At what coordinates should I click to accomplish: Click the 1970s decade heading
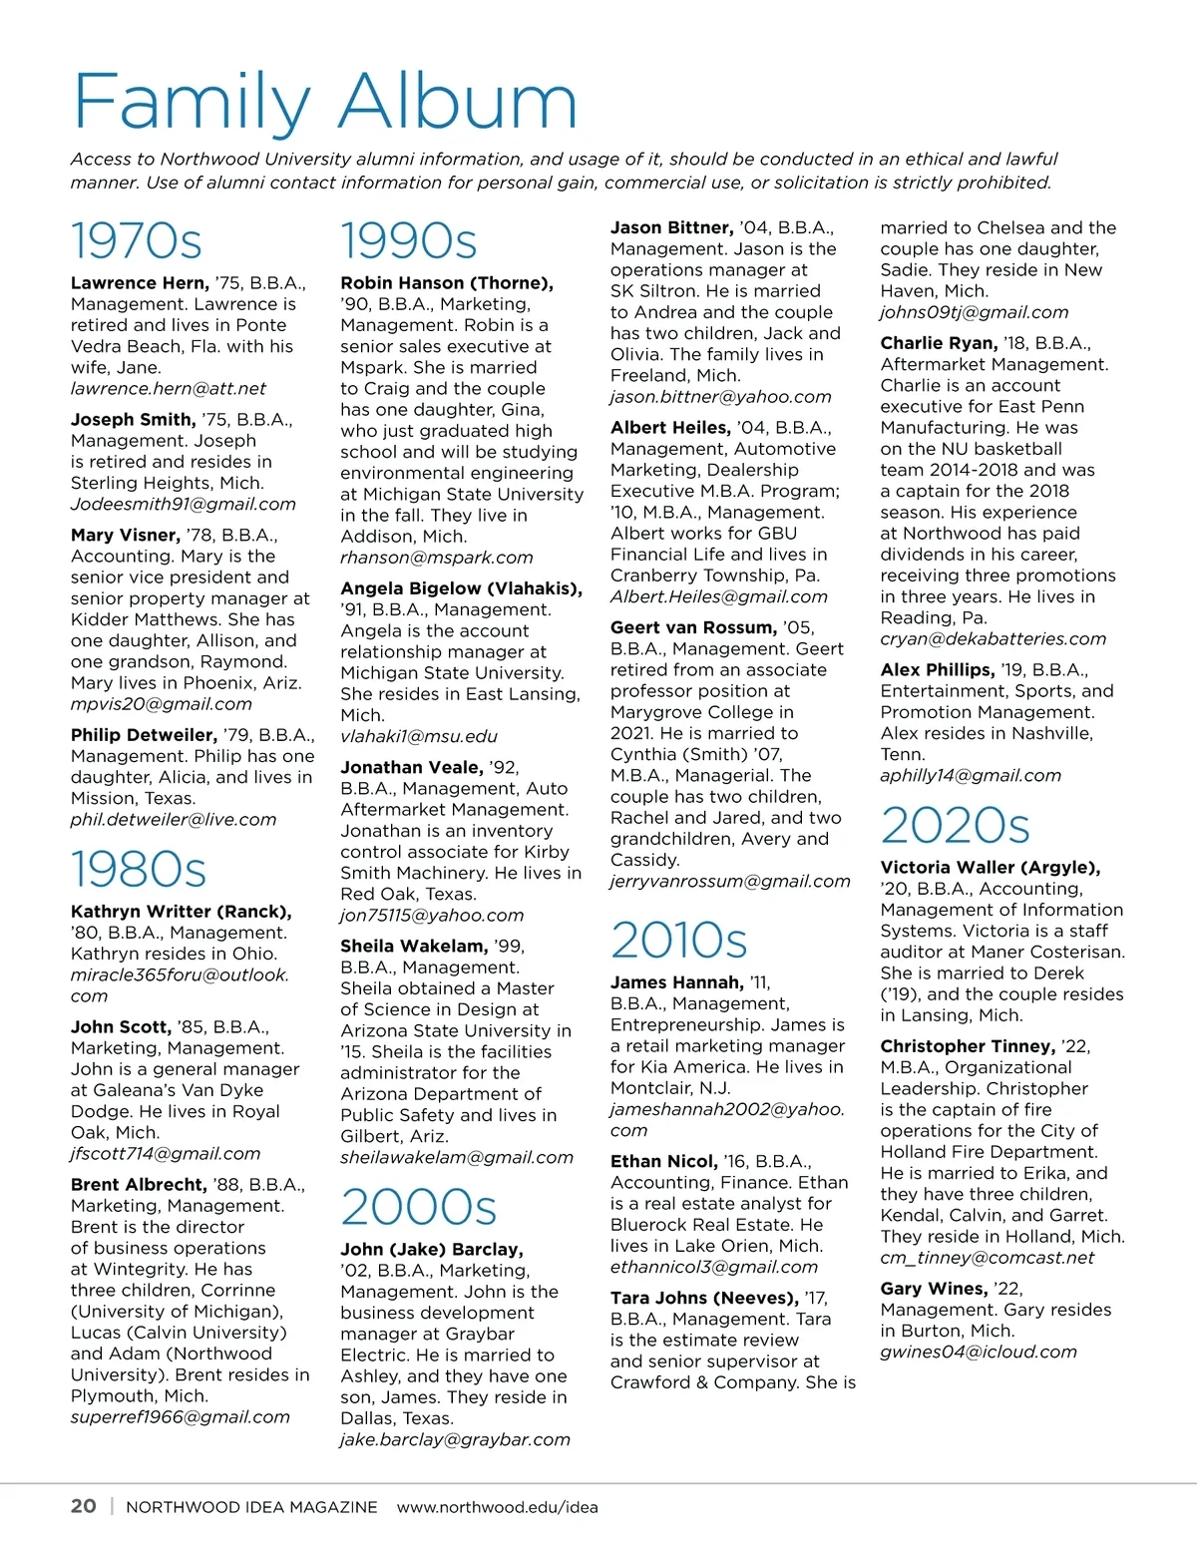137,241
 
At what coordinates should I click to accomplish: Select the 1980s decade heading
139,870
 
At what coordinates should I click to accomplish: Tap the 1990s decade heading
409,241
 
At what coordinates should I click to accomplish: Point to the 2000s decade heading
419,1207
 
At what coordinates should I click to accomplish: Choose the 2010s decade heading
679,941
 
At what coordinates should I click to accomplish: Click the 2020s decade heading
955,826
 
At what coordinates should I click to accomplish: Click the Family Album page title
325,102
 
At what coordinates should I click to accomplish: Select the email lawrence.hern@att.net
169,389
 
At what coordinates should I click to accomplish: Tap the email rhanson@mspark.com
437,558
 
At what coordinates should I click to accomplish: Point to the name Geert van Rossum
693,627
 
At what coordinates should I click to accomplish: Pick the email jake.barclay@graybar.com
456,1439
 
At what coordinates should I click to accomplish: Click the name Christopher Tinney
967,1046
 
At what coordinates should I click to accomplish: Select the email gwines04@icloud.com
979,1353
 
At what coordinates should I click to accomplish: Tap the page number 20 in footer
84,1506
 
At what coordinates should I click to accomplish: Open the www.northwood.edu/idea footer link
498,1507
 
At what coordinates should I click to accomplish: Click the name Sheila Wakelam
414,946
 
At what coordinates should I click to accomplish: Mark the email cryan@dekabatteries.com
994,638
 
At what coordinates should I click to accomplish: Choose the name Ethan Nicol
663,1161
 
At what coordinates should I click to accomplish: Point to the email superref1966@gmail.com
181,1417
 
